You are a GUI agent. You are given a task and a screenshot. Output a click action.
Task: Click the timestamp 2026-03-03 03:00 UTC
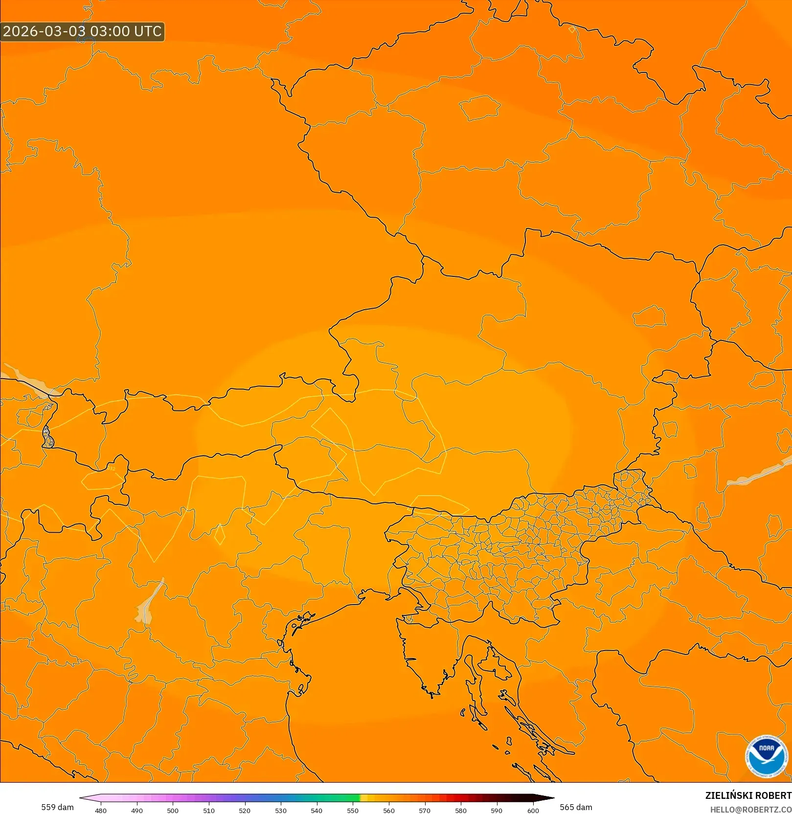click(82, 31)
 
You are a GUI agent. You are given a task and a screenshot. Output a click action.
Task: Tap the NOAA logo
click(766, 757)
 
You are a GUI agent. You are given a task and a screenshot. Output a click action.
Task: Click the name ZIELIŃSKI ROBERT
click(748, 795)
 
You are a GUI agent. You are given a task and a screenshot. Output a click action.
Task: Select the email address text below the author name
click(750, 810)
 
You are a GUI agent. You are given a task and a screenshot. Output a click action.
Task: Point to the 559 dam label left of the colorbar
click(57, 807)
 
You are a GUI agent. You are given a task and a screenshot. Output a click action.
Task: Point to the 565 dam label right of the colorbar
click(576, 807)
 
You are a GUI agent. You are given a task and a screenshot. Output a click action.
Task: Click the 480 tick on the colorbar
click(101, 811)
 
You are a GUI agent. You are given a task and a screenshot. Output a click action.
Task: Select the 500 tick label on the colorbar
click(173, 811)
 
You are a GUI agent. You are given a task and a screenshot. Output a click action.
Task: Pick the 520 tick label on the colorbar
click(245, 811)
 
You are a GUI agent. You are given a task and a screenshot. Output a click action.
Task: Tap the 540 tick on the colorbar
click(317, 811)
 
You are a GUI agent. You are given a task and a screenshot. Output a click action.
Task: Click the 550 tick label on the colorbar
click(353, 811)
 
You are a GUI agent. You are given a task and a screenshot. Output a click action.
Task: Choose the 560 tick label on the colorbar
click(389, 811)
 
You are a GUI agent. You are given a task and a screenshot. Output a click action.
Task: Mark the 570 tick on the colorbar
click(425, 811)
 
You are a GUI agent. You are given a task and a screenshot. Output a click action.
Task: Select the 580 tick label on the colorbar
click(461, 811)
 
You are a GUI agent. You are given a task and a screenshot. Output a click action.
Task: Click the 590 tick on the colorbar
click(497, 811)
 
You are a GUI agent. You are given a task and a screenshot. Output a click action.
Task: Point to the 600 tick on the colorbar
click(533, 811)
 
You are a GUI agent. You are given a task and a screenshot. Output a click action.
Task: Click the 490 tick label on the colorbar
click(137, 811)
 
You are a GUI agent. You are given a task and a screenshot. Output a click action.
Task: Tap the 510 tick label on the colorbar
click(209, 811)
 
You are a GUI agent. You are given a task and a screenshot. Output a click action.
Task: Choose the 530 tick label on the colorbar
click(281, 811)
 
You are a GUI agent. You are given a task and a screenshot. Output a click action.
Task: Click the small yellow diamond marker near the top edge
click(572, 30)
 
